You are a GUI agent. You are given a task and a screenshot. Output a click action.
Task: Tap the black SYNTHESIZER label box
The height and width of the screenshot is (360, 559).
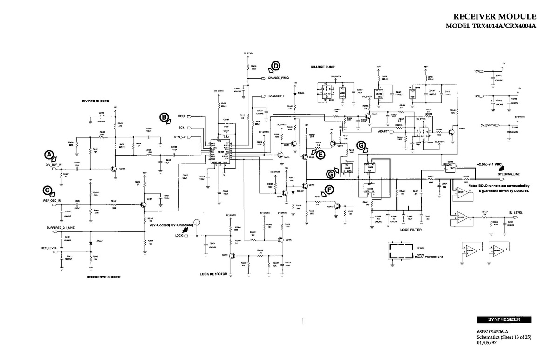(504, 319)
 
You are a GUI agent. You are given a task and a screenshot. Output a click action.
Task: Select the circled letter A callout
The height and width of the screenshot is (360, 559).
(48, 154)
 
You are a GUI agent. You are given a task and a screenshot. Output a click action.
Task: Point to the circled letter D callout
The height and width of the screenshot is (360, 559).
(275, 66)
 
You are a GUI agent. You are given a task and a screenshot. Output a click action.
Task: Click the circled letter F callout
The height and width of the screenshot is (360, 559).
(329, 189)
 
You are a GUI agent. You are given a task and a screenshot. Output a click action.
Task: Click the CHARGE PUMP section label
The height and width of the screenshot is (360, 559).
(323, 67)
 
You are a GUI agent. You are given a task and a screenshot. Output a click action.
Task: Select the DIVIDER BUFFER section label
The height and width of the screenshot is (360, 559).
(96, 101)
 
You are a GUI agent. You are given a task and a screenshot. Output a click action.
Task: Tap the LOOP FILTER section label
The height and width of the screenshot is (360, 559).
(410, 229)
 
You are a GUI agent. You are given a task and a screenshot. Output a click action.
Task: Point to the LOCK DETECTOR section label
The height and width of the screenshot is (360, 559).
(213, 274)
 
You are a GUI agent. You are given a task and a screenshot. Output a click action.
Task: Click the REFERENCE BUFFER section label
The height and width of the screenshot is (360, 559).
(103, 277)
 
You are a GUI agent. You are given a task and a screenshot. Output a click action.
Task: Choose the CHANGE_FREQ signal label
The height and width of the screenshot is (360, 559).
(278, 78)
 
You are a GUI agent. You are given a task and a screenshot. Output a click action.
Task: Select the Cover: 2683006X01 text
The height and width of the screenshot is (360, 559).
(428, 257)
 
